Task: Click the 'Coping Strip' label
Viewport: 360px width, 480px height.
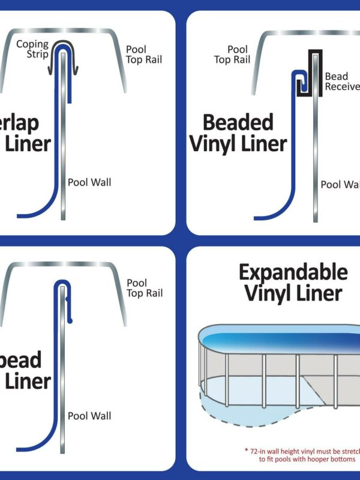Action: pyautogui.click(x=32, y=49)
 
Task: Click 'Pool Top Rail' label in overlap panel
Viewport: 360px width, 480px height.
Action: pyautogui.click(x=144, y=54)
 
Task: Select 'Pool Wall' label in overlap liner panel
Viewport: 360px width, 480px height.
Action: pyautogui.click(x=89, y=182)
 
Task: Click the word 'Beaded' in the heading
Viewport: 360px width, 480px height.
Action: pyautogui.click(x=238, y=122)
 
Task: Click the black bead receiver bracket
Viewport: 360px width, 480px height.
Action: pyautogui.click(x=314, y=72)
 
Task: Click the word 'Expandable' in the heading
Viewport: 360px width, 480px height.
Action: pyautogui.click(x=293, y=272)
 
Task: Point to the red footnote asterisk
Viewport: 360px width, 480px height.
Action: pyautogui.click(x=246, y=450)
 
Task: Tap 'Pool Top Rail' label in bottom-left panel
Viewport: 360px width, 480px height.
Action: pyautogui.click(x=144, y=288)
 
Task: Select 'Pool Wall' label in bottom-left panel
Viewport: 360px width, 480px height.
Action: pyautogui.click(x=89, y=415)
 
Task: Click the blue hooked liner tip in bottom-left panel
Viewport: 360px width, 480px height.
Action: pyautogui.click(x=70, y=322)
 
